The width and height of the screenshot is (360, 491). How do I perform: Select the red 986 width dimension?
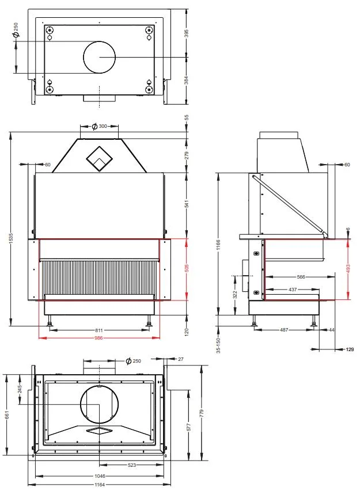coord(98,338)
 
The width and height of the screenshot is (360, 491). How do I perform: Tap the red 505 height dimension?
coord(187,268)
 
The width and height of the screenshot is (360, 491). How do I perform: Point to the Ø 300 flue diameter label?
coord(99,126)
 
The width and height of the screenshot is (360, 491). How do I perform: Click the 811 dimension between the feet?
coord(98,330)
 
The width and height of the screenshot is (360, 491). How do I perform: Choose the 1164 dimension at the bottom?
coord(100,485)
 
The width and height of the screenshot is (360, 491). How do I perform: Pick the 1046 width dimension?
coord(100,476)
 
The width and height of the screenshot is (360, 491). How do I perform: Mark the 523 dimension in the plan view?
coord(132,465)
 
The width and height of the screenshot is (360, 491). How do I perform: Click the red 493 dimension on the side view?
coord(348,269)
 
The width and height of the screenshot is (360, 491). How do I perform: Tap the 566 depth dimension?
coord(301,277)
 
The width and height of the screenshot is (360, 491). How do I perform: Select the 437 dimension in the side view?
coord(293,290)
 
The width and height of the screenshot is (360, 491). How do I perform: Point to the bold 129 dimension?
coord(350,349)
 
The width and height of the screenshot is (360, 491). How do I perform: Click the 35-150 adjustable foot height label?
coord(218,345)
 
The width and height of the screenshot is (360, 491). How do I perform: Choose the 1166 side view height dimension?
coord(218,245)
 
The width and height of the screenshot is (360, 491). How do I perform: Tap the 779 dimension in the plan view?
coord(202,413)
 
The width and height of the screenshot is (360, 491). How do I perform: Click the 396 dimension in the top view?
coord(187,33)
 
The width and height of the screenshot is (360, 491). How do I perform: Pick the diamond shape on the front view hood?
coord(99,159)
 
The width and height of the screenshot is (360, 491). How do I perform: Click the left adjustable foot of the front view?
coord(50,321)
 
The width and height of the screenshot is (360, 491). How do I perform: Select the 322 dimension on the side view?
coord(235,295)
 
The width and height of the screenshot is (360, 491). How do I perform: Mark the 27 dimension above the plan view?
coord(180,359)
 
